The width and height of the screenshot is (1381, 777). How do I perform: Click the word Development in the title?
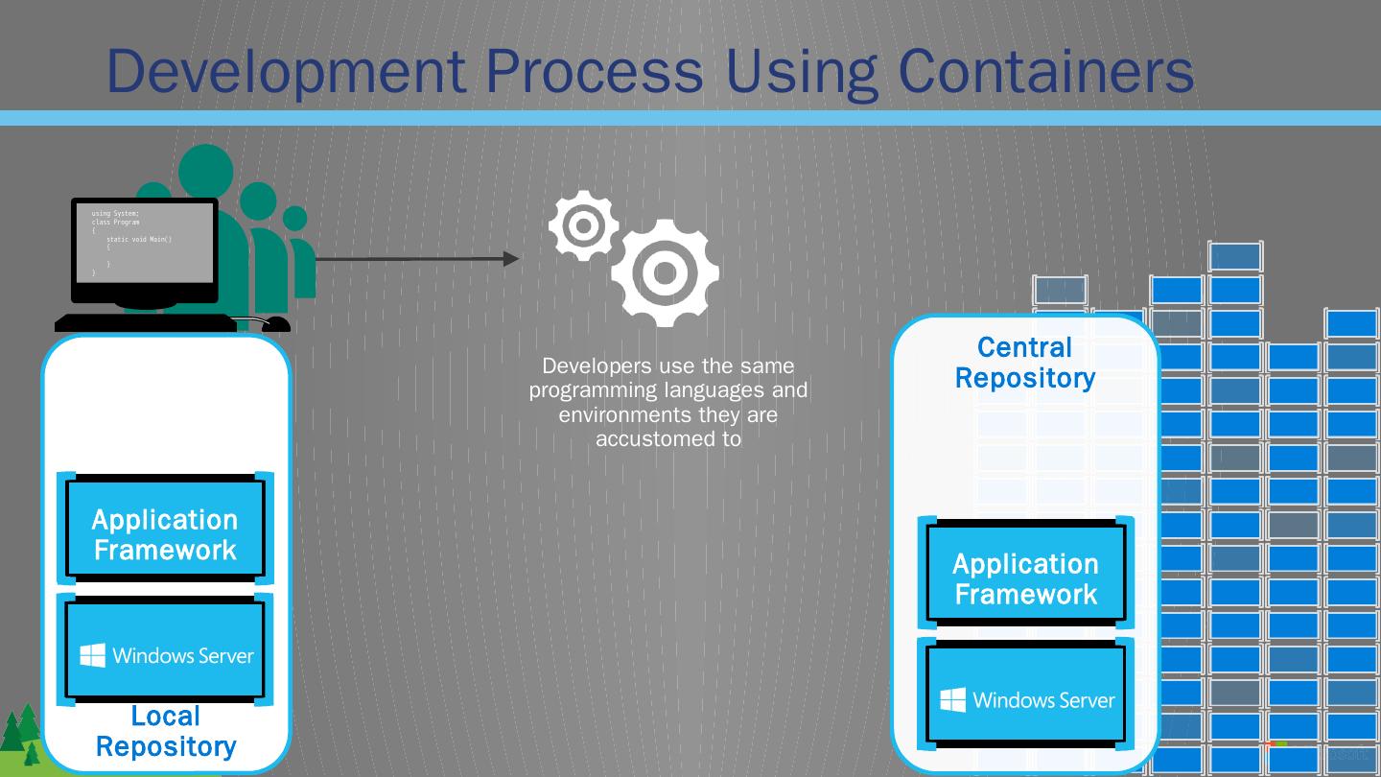point(286,70)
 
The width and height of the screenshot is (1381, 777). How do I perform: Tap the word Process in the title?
point(594,70)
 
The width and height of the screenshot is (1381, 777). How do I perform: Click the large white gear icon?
point(665,272)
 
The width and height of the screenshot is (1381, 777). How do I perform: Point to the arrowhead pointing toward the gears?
point(510,258)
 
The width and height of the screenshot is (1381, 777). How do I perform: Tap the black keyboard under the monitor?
point(145,323)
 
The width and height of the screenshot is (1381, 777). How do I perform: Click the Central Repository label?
point(1024,363)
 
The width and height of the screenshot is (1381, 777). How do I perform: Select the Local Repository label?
point(166,731)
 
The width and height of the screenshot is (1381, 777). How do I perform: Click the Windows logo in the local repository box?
point(93,656)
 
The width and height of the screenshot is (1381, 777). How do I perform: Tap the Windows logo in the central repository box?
point(952,700)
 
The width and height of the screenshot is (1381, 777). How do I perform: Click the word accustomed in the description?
point(668,439)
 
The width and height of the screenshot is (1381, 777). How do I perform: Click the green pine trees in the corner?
point(21,736)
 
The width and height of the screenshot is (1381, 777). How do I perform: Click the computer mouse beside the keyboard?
point(275,324)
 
